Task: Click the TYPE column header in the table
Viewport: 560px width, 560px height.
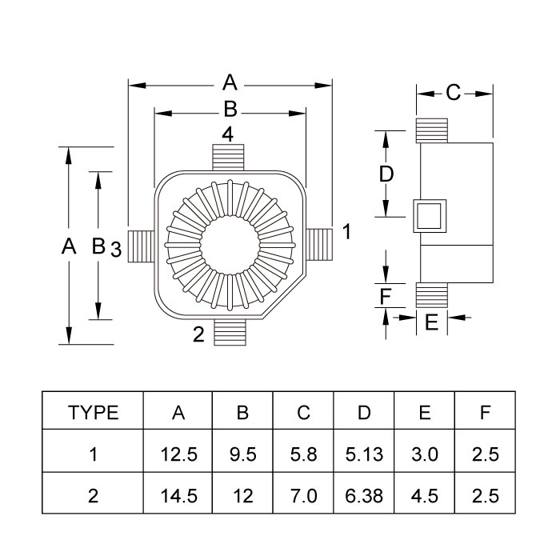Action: click(94, 413)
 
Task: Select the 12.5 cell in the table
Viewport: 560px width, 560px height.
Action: click(179, 454)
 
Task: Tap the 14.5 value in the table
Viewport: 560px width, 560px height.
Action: click(179, 496)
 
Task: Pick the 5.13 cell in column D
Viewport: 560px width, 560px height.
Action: click(364, 454)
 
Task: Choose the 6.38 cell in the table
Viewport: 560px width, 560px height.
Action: click(364, 496)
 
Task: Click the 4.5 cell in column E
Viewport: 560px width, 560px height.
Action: click(425, 496)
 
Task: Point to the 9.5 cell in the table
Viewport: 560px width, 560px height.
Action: click(242, 454)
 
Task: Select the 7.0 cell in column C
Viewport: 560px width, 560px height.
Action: click(303, 496)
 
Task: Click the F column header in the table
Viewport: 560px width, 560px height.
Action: click(486, 413)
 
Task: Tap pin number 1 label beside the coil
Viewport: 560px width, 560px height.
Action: click(346, 232)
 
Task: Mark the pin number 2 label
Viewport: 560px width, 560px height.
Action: click(198, 334)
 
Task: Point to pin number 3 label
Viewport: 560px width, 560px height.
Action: click(116, 250)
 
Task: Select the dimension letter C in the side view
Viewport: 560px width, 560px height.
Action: click(453, 94)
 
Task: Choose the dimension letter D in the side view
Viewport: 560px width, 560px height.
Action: click(386, 174)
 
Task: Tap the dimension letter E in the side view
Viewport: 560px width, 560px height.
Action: click(431, 323)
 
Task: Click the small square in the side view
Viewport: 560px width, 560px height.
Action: click(431, 216)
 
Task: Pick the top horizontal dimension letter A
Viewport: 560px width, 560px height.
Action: click(230, 82)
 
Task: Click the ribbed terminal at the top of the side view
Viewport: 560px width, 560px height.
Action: click(431, 131)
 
